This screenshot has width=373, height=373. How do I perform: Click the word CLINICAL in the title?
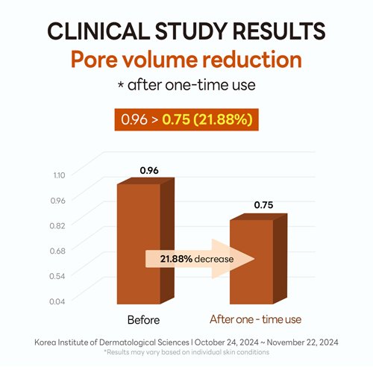(98, 31)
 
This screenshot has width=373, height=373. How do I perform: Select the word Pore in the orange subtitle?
(94, 60)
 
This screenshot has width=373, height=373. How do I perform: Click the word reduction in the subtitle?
(252, 60)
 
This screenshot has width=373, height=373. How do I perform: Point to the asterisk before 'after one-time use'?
(121, 85)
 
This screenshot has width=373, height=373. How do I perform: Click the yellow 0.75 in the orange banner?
(176, 119)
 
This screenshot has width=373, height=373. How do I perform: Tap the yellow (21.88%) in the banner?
(223, 119)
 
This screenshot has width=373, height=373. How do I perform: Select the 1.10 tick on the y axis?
(59, 175)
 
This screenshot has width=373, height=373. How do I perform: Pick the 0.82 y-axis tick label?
(57, 226)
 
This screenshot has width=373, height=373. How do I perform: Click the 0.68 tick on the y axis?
(57, 251)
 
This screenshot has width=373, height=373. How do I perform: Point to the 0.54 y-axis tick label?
(57, 276)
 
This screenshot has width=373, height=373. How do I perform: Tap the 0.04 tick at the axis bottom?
(57, 301)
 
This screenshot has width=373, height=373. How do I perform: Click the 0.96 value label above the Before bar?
(149, 171)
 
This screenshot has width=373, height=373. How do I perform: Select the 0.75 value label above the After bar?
(263, 205)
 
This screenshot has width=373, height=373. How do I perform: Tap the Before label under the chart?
(143, 320)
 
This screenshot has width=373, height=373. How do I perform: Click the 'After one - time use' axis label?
(255, 319)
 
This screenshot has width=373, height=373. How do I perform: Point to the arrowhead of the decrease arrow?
(254, 259)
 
